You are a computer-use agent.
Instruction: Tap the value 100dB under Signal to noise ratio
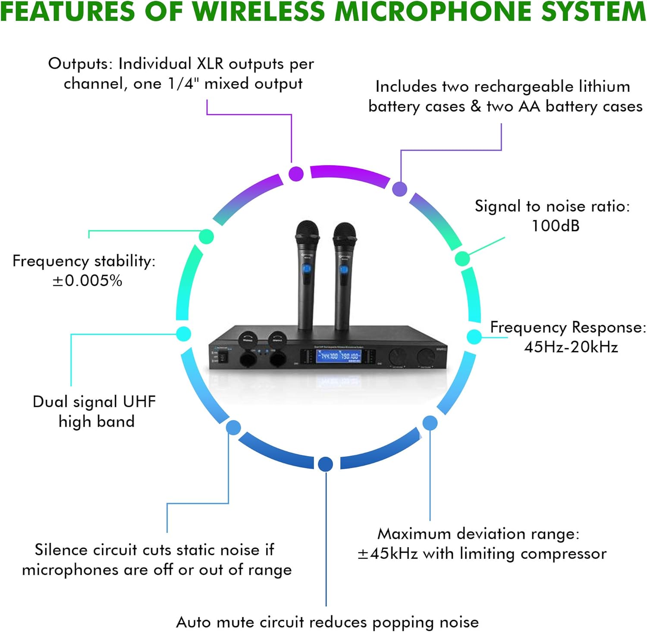pos(556,226)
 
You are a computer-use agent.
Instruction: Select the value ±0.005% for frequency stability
pos(88,281)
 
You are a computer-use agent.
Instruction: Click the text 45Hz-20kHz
pos(571,347)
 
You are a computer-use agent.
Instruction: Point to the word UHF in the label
pos(139,401)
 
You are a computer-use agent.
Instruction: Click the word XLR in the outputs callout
pos(210,64)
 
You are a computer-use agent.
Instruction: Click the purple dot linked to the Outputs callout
pos(296,174)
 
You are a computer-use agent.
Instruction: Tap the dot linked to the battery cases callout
pos(400,189)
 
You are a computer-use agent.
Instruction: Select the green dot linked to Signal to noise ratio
pos(462,258)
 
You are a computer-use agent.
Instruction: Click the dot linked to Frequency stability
pos(206,236)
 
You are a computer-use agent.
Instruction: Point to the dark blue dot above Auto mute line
pos(326,464)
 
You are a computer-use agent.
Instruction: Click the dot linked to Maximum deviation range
pos(430,423)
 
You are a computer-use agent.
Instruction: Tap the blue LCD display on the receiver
pos(339,356)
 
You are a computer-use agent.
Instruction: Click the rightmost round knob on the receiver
pos(426,357)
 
